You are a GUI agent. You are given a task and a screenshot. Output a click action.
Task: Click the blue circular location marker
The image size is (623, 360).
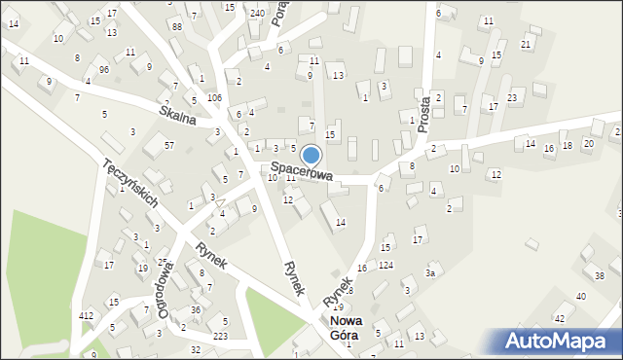311,155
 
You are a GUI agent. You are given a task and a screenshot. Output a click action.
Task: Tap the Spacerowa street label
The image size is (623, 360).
302,172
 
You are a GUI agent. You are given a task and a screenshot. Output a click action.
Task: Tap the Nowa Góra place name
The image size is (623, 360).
344,328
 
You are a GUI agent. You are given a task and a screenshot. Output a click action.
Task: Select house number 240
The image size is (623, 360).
257,14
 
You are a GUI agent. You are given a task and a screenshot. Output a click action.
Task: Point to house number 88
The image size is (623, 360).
176,26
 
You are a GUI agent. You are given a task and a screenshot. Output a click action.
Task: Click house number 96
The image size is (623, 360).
103,70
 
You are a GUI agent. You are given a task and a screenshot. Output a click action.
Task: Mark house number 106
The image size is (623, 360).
214,98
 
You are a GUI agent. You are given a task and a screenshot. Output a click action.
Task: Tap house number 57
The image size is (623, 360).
168,145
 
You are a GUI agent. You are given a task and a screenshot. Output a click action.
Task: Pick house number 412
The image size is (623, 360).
87,315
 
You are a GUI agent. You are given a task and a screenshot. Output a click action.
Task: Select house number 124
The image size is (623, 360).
386,265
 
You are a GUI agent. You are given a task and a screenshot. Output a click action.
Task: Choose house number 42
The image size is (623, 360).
559,318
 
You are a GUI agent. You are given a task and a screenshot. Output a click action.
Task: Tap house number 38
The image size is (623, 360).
599,276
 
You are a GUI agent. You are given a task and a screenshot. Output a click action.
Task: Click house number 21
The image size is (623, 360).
526,45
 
